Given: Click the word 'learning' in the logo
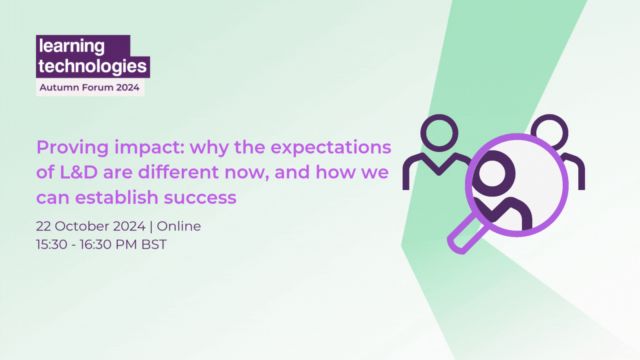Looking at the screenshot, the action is click(72, 46).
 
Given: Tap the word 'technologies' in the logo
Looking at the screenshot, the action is click(92, 66).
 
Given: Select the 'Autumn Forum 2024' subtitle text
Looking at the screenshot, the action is click(90, 88).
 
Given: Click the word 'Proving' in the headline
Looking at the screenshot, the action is click(72, 148).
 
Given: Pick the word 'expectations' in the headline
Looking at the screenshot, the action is click(331, 148).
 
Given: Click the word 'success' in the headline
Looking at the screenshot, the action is click(200, 198).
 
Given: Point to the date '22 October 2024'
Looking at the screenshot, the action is click(91, 226).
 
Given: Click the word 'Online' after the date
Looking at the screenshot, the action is click(179, 226).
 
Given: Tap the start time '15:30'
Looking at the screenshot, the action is click(52, 244).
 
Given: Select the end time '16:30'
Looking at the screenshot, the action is click(96, 244).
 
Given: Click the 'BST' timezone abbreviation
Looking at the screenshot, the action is click(154, 244).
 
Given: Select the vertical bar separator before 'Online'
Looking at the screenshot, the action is click(151, 226).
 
